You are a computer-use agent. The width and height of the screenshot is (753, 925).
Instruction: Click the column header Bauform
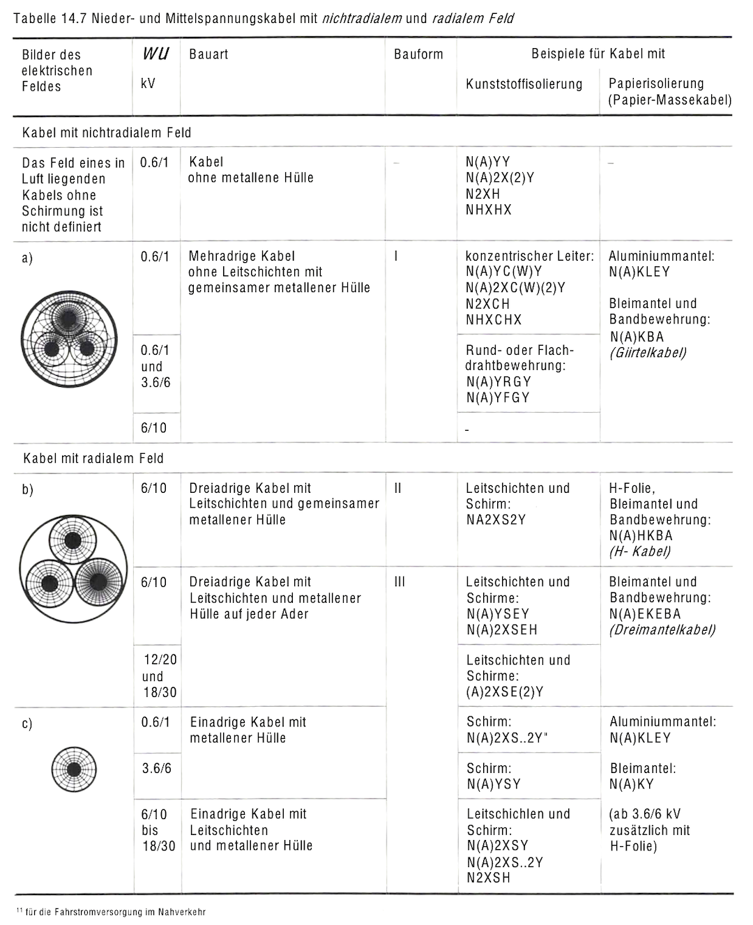pyautogui.click(x=418, y=54)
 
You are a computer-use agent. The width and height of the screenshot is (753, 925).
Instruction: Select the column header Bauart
pyautogui.click(x=208, y=54)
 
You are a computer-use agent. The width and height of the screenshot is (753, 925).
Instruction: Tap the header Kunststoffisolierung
pyautogui.click(x=524, y=84)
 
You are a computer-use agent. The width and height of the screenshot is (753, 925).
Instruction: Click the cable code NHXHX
pyautogui.click(x=488, y=210)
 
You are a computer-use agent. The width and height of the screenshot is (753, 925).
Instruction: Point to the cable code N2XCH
pyautogui.click(x=487, y=304)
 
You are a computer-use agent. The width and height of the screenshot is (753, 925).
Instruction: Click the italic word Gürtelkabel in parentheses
pyautogui.click(x=648, y=353)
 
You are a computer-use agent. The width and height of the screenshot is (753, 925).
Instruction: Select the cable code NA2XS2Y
pyautogui.click(x=496, y=520)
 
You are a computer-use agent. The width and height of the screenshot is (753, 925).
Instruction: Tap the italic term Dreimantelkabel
pyautogui.click(x=662, y=630)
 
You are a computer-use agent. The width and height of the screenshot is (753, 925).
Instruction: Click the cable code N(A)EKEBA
pyautogui.click(x=644, y=614)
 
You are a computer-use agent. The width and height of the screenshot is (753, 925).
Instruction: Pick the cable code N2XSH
pyautogui.click(x=488, y=878)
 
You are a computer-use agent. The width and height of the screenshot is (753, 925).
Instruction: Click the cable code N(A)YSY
pyautogui.click(x=494, y=784)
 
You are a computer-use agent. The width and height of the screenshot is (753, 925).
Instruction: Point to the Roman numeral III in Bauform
pyautogui.click(x=400, y=582)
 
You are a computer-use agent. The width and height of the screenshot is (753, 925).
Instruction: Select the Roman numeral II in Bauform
pyautogui.click(x=397, y=489)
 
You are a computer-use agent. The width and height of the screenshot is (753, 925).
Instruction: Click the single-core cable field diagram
pyautogui.click(x=73, y=770)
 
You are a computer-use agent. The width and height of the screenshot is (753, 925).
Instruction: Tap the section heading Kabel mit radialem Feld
pyautogui.click(x=93, y=459)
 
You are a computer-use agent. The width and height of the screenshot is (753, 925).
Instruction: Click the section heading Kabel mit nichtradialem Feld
pyautogui.click(x=107, y=132)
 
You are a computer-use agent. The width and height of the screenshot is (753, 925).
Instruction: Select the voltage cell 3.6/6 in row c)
pyautogui.click(x=156, y=768)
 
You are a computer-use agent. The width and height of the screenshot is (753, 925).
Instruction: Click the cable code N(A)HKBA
pyautogui.click(x=641, y=536)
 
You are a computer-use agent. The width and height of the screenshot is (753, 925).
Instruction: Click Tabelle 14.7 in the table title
pyautogui.click(x=50, y=19)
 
